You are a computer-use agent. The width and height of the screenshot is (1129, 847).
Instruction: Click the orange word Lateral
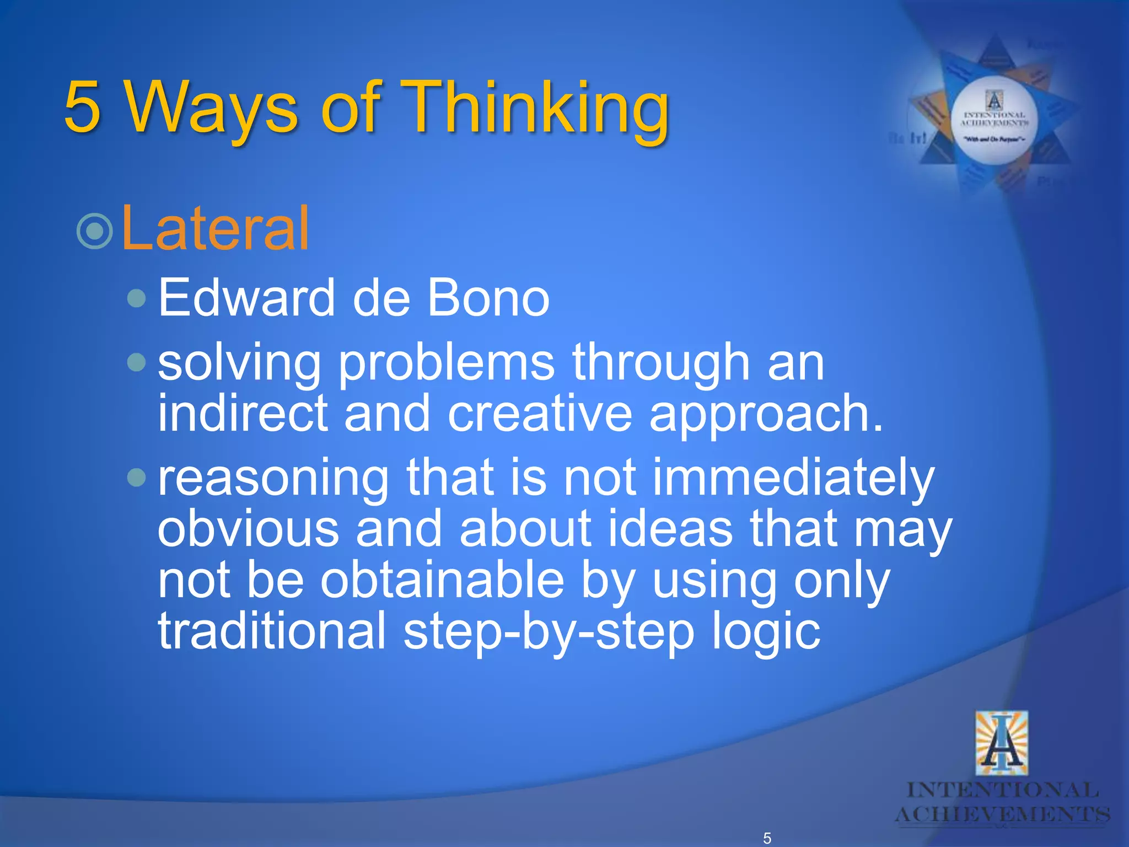coord(215,228)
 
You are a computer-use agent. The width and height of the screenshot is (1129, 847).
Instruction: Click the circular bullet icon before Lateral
coord(95,230)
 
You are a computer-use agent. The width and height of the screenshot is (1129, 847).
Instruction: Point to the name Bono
coord(488,298)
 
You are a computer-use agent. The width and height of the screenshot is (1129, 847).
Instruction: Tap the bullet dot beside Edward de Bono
coord(136,299)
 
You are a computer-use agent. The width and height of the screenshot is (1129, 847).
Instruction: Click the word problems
coord(447,363)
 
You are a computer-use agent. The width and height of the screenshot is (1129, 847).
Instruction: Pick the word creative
coord(540,414)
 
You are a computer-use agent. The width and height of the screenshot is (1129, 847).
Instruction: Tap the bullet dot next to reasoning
coord(136,478)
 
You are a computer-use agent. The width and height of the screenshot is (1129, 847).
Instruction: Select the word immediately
coord(794,478)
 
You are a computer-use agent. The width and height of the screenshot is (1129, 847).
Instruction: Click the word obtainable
coord(443,580)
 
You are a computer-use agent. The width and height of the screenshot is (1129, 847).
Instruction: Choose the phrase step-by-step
coord(549,631)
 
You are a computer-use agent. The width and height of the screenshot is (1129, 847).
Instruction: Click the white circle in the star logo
coord(994,121)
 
